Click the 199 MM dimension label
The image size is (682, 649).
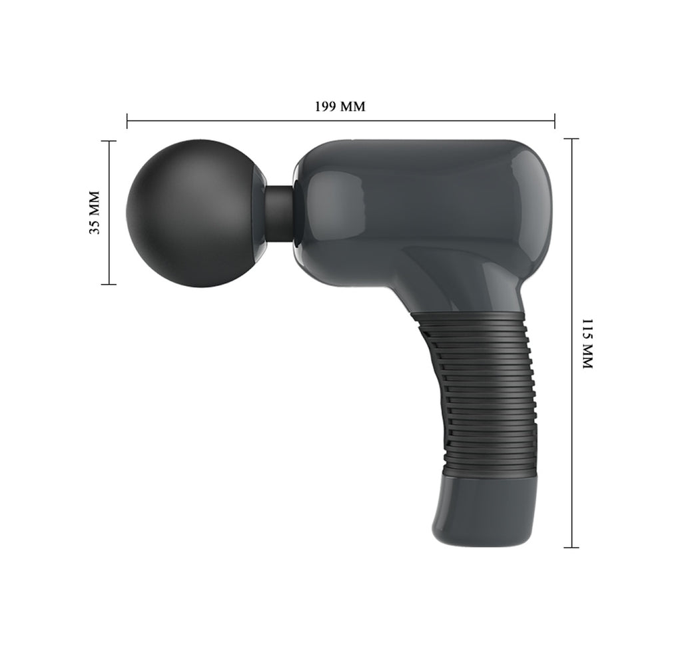point(340,106)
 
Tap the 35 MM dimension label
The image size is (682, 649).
point(95,213)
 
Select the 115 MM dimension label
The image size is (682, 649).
point(587,344)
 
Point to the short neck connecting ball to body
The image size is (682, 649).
point(279,213)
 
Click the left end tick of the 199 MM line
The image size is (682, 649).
point(127,121)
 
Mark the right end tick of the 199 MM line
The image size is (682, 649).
point(555,121)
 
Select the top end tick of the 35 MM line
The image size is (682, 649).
point(109,141)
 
